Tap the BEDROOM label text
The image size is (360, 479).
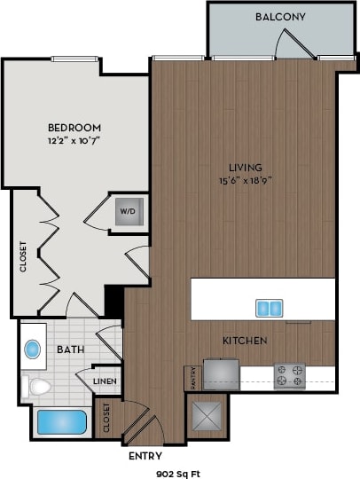73,128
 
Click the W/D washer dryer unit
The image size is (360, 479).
127,212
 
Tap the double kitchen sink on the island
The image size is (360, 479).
270,309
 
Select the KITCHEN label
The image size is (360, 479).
246,341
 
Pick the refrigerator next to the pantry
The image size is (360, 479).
220,373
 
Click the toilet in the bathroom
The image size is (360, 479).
39,386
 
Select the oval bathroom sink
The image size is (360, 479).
34,349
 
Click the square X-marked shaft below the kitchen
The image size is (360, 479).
207,414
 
